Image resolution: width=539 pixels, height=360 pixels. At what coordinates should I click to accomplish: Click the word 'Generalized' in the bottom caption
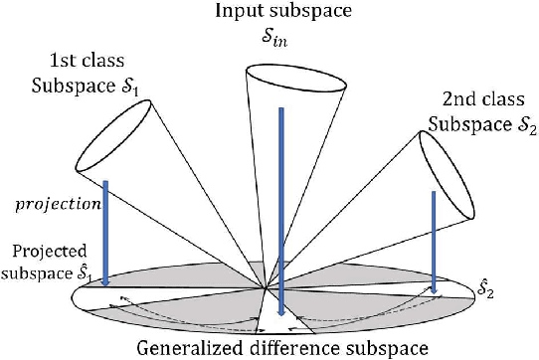tap(188, 346)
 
